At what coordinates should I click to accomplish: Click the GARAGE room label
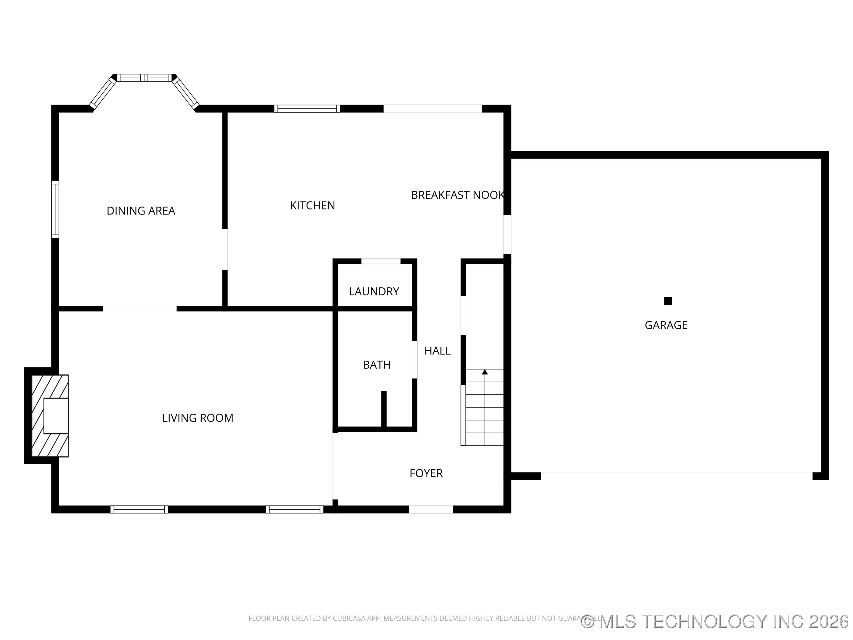pos(666,325)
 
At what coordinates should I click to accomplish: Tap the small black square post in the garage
pos(668,301)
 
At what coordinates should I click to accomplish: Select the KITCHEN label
pos(312,206)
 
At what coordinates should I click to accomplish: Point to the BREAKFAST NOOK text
pos(457,195)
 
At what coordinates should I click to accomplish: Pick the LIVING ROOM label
pos(198,418)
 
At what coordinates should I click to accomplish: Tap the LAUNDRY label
pos(374,291)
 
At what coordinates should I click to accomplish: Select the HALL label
pos(437,351)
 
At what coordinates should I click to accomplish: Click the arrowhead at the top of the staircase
pos(485,372)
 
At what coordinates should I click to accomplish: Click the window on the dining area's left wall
pos(55,209)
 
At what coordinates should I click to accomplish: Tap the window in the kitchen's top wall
pos(307,108)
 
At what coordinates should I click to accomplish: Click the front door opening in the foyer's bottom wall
pos(431,509)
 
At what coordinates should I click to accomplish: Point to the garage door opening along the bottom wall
pos(676,476)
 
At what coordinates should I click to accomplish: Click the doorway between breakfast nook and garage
pos(507,234)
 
